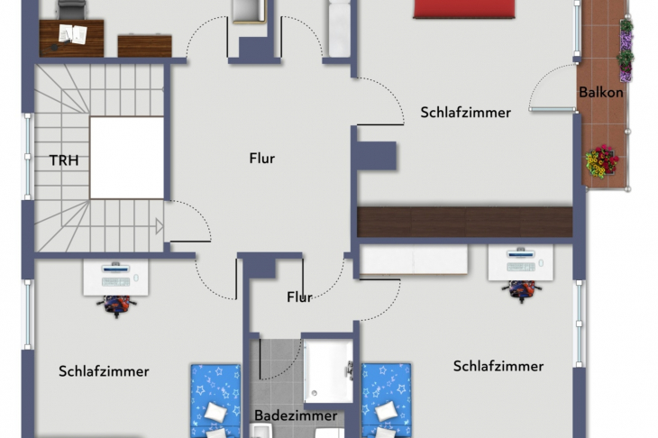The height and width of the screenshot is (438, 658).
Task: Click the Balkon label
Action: pos(601,92)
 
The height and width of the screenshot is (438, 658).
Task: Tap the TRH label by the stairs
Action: pos(63,160)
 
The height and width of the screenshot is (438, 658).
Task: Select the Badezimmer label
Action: pos(295,415)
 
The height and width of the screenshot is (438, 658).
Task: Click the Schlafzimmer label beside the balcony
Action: pos(465,113)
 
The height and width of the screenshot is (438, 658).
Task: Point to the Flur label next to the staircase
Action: pos(261,159)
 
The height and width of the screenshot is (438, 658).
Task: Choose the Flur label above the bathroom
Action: pos(299,297)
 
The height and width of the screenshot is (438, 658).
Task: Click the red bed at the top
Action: pos(464,8)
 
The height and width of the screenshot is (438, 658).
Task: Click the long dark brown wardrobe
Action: pos(464,222)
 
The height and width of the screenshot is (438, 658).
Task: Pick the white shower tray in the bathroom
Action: pos(327,370)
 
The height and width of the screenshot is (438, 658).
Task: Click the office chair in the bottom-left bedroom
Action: pos(116,304)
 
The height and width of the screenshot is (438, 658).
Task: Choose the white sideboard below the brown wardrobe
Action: pos(415,260)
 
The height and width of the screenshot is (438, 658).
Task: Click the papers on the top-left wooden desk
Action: pos(71,33)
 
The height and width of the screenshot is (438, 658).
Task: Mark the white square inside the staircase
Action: pos(127,158)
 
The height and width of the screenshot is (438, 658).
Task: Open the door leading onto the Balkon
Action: pos(553,109)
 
